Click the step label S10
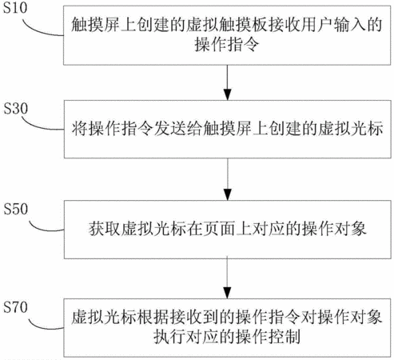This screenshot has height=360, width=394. pos(15,7)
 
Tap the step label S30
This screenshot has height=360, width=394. pos(16,109)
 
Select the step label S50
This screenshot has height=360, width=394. pos(16,209)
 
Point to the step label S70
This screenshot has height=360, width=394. pos(15,307)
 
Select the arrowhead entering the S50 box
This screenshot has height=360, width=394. pos(228,195)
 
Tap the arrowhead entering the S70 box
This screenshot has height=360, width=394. pos(227,293)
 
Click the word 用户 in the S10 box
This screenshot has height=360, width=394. pos(317,25)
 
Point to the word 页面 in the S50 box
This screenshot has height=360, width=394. pos(219,229)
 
